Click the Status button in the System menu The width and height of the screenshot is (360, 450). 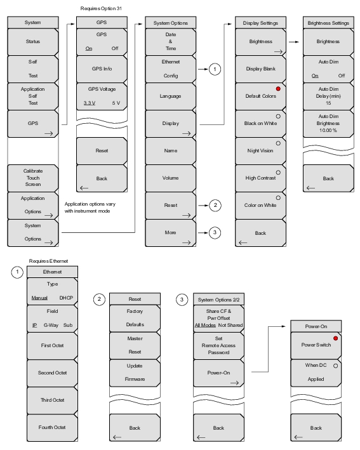pyautogui.click(x=33, y=42)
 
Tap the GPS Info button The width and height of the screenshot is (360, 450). pyautogui.click(x=102, y=69)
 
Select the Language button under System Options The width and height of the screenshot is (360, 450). pyautogui.click(x=171, y=96)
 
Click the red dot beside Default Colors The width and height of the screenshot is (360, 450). pyautogui.click(x=278, y=89)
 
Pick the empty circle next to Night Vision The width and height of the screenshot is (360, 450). pyautogui.click(x=278, y=143)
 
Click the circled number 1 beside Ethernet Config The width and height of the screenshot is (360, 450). pyautogui.click(x=215, y=69)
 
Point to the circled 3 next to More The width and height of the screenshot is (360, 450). pyautogui.click(x=215, y=232)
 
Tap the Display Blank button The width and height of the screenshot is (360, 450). pyautogui.click(x=260, y=69)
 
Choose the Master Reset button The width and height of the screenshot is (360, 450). pyautogui.click(x=135, y=345)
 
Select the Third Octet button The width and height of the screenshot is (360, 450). pyautogui.click(x=52, y=400)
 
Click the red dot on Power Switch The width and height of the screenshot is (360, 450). pyautogui.click(x=336, y=338)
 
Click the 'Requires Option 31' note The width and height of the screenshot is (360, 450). pyautogui.click(x=101, y=9)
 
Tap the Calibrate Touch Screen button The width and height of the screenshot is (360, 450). pyautogui.click(x=33, y=178)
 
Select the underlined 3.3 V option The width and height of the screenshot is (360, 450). pyautogui.click(x=90, y=103)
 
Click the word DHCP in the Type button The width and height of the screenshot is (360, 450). pyautogui.click(x=66, y=298)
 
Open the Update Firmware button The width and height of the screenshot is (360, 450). pyautogui.click(x=135, y=373)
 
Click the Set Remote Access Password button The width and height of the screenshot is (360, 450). pyautogui.click(x=219, y=345)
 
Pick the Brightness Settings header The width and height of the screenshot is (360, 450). pyautogui.click(x=328, y=23)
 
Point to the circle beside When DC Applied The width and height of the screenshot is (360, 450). pyautogui.click(x=336, y=366)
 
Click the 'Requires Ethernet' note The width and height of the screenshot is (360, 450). pyautogui.click(x=48, y=261)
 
